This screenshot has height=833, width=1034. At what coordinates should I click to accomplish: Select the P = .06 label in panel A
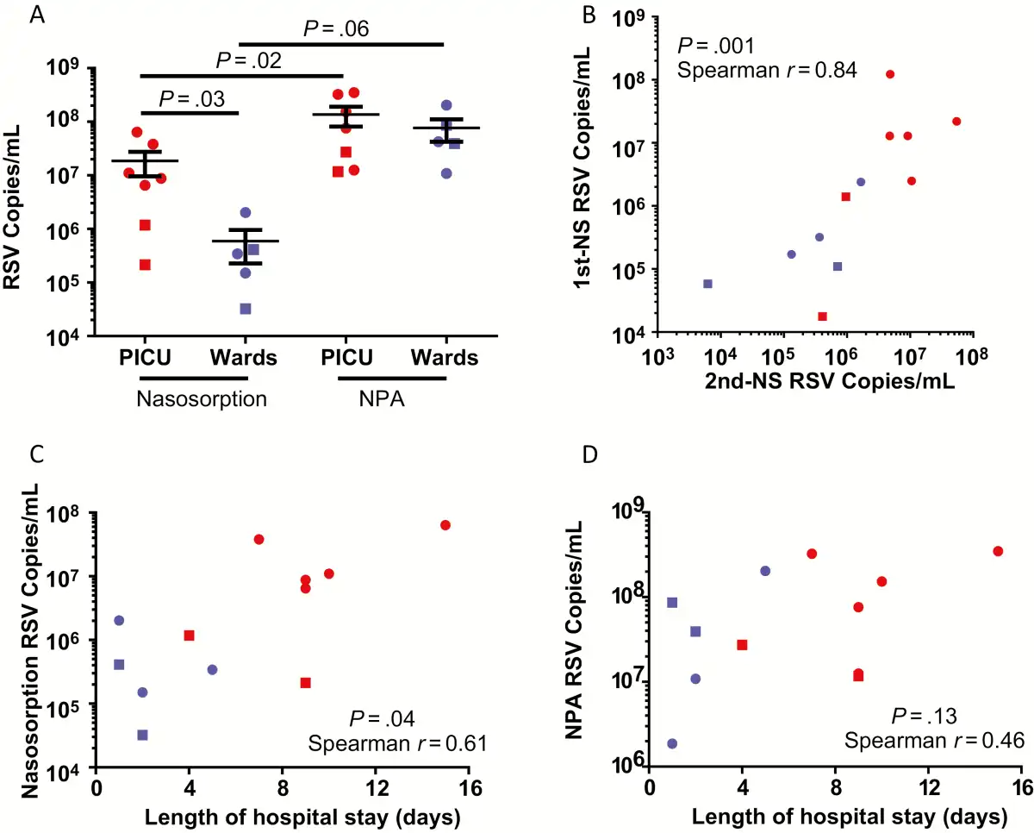click(336, 30)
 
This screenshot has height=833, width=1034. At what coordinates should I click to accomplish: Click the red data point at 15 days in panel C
click(445, 525)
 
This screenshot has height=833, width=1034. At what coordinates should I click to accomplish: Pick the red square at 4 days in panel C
click(189, 636)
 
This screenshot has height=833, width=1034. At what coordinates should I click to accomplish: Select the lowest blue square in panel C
click(142, 735)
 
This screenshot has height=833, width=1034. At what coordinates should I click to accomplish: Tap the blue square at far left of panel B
click(708, 284)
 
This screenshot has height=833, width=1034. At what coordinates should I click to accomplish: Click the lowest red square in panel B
click(822, 316)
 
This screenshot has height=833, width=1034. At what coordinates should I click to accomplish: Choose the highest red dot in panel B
click(890, 74)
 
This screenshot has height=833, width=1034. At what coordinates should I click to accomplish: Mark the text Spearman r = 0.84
click(767, 71)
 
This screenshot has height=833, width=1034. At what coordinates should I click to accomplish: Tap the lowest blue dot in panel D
click(672, 743)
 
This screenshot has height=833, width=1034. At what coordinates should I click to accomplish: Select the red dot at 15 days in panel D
click(998, 551)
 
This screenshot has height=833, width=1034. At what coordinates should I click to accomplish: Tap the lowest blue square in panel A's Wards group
click(246, 309)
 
